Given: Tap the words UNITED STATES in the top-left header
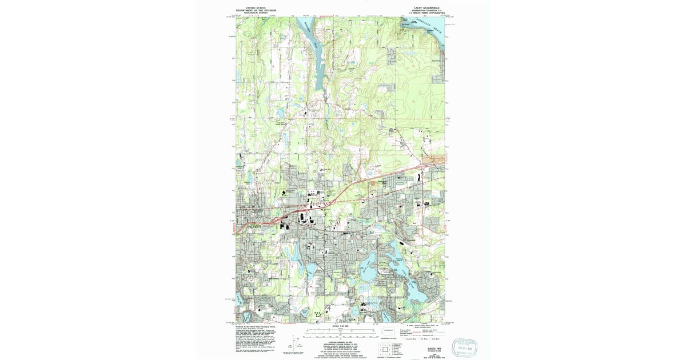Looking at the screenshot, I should coord(256,8).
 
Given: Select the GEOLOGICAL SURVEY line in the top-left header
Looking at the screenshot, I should coord(256,13).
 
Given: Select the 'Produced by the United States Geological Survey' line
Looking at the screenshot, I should coord(257,327).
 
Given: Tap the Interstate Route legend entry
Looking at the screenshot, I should coord(411,339).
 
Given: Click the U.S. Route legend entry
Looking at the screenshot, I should coord(426,339).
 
